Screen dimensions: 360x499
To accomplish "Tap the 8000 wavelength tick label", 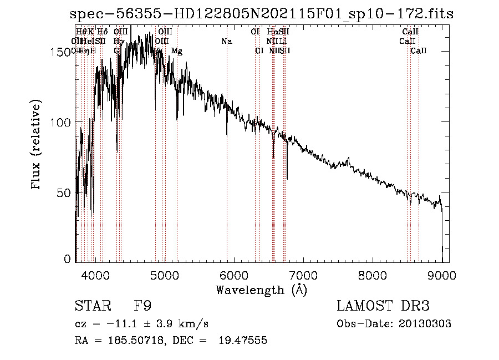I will coord(373,275).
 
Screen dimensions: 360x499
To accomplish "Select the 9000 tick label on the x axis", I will coord(442,275).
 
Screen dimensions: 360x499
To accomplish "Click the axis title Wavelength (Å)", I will coord(261,290).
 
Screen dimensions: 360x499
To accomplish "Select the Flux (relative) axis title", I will coord(37,145).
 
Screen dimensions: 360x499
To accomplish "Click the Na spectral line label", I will coord(226,42).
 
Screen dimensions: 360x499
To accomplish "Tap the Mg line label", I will coord(177,51).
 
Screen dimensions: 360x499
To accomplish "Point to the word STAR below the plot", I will coord(91,306).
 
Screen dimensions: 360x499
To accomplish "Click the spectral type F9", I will coord(143,306).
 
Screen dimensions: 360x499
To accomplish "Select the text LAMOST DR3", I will coord(383,306).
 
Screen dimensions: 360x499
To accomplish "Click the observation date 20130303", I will coord(425,324).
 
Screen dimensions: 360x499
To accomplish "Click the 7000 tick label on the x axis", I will coord(303,275).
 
